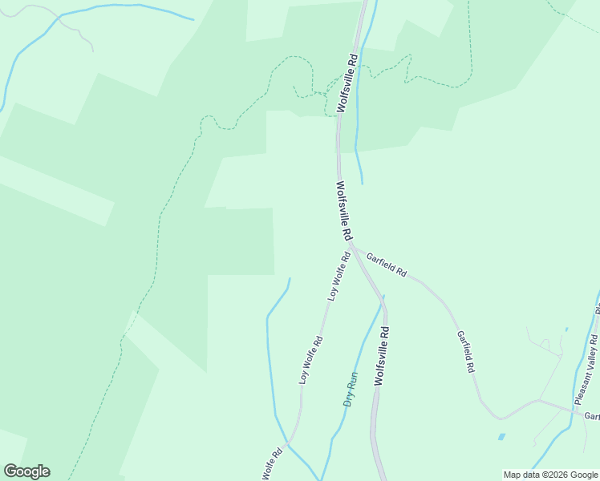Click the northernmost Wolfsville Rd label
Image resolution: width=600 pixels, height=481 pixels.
(x=347, y=83)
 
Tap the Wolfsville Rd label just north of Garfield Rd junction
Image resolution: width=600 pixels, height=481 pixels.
(x=344, y=211)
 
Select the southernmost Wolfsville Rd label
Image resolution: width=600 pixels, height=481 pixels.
(x=382, y=357)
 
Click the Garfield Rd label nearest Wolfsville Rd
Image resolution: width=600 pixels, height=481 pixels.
(x=387, y=265)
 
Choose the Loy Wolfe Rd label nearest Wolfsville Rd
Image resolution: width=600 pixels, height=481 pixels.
(x=339, y=277)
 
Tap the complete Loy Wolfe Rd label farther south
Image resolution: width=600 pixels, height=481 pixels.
(x=311, y=359)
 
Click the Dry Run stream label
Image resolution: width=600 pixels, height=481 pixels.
(x=351, y=389)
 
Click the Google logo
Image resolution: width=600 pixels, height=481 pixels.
(x=26, y=471)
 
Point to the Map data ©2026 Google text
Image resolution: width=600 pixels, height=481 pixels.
(x=550, y=475)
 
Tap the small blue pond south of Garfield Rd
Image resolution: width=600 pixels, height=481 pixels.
(x=501, y=437)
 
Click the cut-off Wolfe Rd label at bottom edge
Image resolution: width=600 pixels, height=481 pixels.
(x=272, y=464)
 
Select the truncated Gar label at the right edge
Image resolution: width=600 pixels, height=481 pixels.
(x=591, y=416)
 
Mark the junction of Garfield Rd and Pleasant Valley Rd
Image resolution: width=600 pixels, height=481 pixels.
(x=574, y=411)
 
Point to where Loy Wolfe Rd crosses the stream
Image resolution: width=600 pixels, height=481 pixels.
(x=290, y=442)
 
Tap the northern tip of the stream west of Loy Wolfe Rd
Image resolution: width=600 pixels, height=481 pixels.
(x=290, y=278)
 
